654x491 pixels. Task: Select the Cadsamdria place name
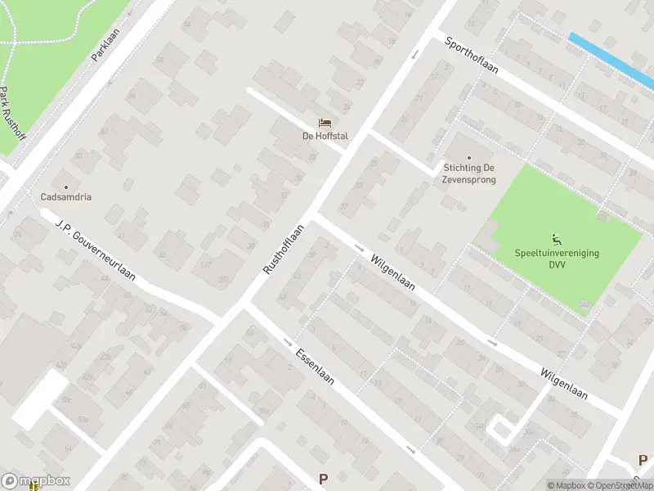coord(65,196)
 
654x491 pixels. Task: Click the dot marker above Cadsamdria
coord(65,186)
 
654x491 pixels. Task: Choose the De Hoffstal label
coord(325,136)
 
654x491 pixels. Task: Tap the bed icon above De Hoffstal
coord(325,124)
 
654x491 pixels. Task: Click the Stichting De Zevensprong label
coord(469,173)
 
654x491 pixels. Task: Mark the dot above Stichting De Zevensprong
coord(469,157)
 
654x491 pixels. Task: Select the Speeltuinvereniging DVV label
coord(557,258)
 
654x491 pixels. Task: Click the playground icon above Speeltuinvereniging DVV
coord(557,240)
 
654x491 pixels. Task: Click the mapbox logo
coord(36,481)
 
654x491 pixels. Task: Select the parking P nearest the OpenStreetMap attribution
coord(642,461)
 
